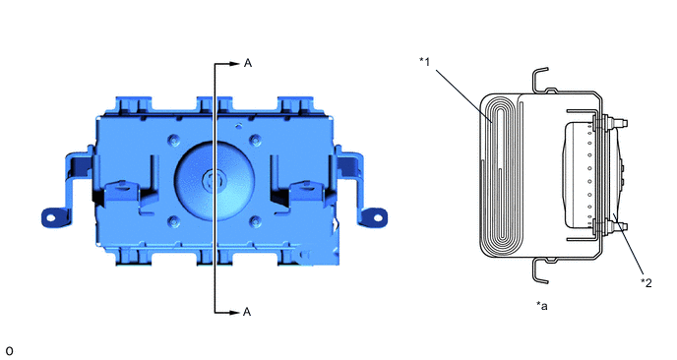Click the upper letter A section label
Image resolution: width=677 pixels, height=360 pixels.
[x=247, y=64]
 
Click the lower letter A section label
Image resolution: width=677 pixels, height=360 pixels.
[x=247, y=312]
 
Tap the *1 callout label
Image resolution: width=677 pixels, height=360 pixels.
[x=425, y=62]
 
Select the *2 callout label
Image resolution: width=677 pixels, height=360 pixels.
[x=646, y=282]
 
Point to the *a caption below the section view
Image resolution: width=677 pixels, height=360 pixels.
[x=542, y=306]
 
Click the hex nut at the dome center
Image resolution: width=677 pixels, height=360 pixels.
[x=212, y=180]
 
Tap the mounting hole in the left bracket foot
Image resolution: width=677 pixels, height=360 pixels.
[x=50, y=217]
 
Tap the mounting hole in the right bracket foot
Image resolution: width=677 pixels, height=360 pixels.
[x=378, y=217]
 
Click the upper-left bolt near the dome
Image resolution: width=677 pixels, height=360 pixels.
[x=173, y=141]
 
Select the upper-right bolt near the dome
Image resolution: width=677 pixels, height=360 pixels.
[x=256, y=141]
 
